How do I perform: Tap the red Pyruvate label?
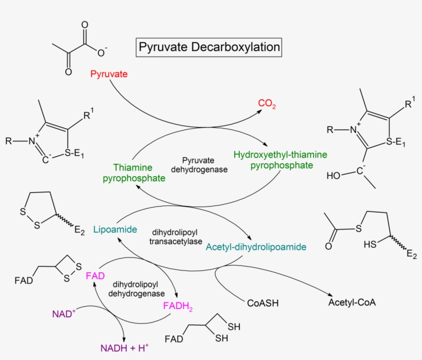(x=109, y=74)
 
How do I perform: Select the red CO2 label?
(x=267, y=104)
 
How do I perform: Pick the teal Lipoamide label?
(x=111, y=229)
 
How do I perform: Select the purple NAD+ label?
(x=64, y=313)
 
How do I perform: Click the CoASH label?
(x=262, y=303)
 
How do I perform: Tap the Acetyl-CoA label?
(x=352, y=302)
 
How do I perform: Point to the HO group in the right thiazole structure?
(x=333, y=176)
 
